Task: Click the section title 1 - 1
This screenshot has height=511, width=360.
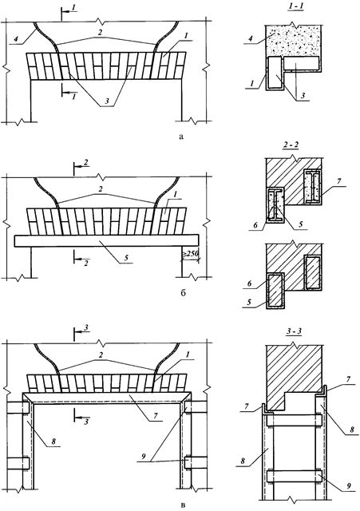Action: [x=295, y=15]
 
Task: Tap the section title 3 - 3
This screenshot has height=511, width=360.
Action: [x=294, y=331]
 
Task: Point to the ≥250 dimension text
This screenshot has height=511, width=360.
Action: [x=191, y=254]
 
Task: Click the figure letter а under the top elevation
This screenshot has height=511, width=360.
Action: [x=181, y=137]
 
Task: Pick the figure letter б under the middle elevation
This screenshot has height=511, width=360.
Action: [x=183, y=293]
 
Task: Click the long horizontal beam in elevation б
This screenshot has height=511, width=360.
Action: [x=106, y=240]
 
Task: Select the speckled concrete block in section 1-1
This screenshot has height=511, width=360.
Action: [x=293, y=41]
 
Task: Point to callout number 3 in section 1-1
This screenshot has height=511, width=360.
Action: [x=303, y=95]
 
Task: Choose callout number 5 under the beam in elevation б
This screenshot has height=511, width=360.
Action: [x=126, y=257]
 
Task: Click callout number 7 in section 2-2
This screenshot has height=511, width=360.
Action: [x=338, y=181]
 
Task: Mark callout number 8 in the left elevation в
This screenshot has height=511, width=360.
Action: [x=53, y=442]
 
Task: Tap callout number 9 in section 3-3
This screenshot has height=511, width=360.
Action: [x=348, y=486]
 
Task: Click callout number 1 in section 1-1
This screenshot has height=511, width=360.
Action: [x=251, y=84]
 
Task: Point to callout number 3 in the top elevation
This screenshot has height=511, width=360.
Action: [x=106, y=101]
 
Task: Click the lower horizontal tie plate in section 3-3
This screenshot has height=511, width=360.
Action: [x=294, y=476]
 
